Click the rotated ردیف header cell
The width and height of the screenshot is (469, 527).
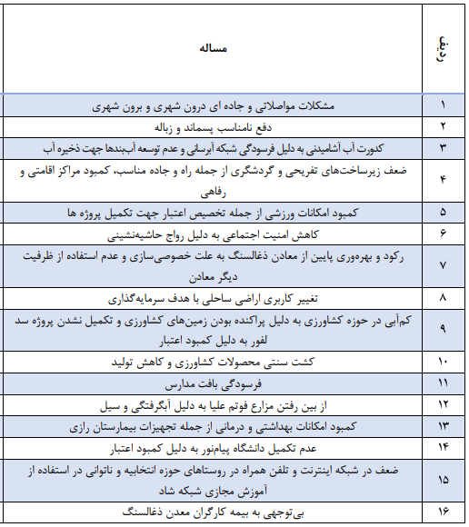tap(443, 47)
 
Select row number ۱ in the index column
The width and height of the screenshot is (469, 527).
tap(443, 105)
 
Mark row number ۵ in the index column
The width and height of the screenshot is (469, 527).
tap(443, 212)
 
